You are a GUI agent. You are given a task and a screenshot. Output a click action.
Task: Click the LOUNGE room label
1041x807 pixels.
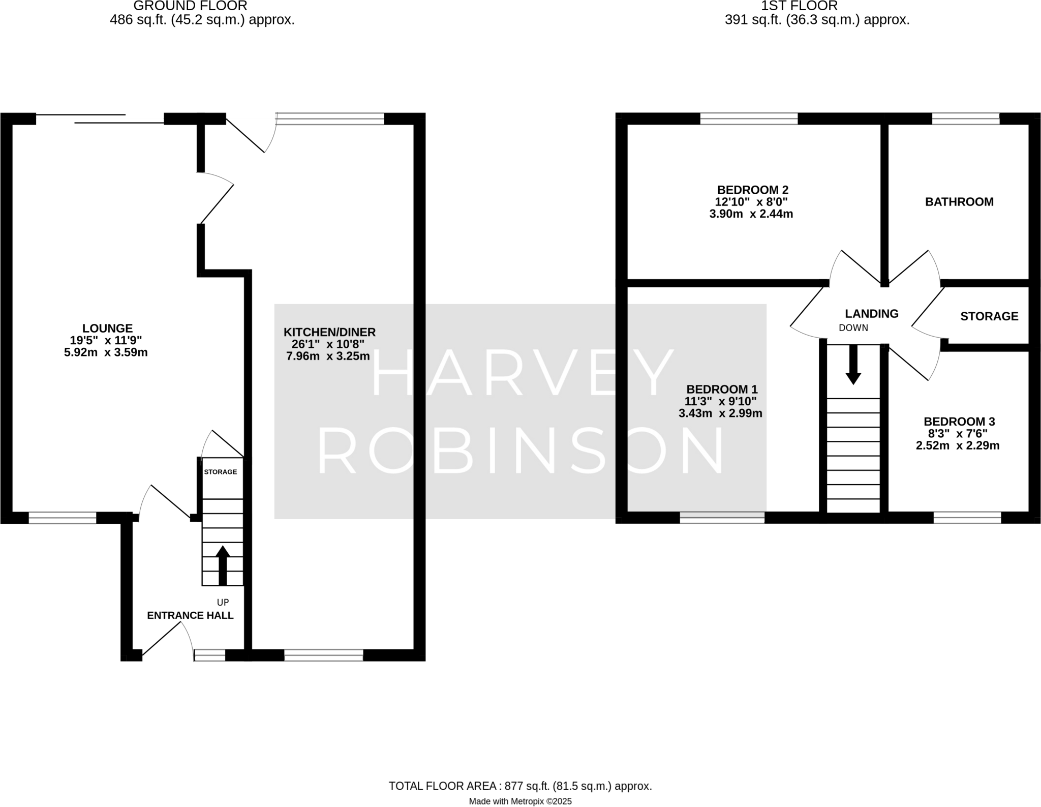pyautogui.click(x=107, y=328)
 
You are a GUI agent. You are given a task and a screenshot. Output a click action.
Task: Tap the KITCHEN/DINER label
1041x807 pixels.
pyautogui.click(x=329, y=332)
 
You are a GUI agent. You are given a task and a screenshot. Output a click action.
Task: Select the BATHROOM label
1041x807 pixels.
pyautogui.click(x=959, y=202)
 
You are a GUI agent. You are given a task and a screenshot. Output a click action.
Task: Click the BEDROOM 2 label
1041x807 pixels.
pyautogui.click(x=752, y=190)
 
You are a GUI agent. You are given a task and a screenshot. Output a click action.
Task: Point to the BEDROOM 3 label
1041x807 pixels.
pyautogui.click(x=959, y=422)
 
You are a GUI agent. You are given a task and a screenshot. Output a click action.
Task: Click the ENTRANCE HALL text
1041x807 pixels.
pyautogui.click(x=190, y=615)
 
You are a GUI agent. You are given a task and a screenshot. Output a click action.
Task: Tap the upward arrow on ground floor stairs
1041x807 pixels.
pyautogui.click(x=223, y=564)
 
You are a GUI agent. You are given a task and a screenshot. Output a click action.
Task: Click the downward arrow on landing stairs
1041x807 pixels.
pyautogui.click(x=853, y=364)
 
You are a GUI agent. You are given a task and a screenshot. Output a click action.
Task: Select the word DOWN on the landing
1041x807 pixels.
pyautogui.click(x=853, y=328)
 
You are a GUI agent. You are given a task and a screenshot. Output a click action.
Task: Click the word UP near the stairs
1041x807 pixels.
pyautogui.click(x=223, y=602)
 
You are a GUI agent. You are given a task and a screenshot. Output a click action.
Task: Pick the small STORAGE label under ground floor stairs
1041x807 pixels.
pyautogui.click(x=220, y=472)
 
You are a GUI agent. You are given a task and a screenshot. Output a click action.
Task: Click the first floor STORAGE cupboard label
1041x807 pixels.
pyautogui.click(x=989, y=316)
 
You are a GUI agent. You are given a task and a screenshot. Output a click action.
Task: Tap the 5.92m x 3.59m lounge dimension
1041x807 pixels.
pyautogui.click(x=106, y=352)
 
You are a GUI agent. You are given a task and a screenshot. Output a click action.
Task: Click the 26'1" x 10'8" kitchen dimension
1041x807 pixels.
pyautogui.click(x=328, y=344)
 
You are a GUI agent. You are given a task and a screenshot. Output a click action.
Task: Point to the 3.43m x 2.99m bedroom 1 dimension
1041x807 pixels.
pyautogui.click(x=720, y=413)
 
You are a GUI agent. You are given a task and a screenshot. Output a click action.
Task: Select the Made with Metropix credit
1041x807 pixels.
pyautogui.click(x=520, y=801)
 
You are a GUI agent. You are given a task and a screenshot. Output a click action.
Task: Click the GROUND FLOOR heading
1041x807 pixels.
pyautogui.click(x=190, y=6)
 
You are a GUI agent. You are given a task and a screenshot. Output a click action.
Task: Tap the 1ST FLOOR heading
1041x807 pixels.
pyautogui.click(x=799, y=6)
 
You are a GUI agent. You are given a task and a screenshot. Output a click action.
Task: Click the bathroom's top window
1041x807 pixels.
pyautogui.click(x=965, y=119)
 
